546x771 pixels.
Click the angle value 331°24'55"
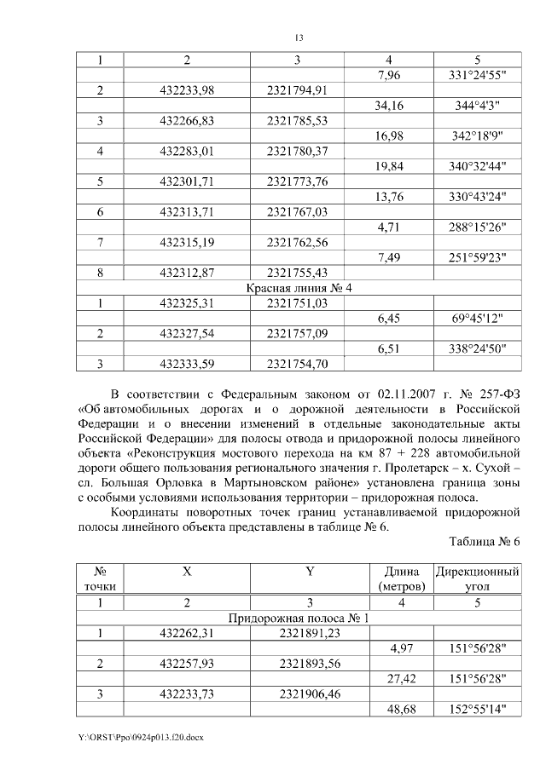click(477, 76)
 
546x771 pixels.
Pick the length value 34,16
click(388, 106)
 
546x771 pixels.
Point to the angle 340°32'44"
click(477, 167)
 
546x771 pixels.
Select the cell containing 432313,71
click(186, 212)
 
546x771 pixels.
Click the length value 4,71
click(388, 227)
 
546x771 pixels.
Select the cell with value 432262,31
click(186, 633)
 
